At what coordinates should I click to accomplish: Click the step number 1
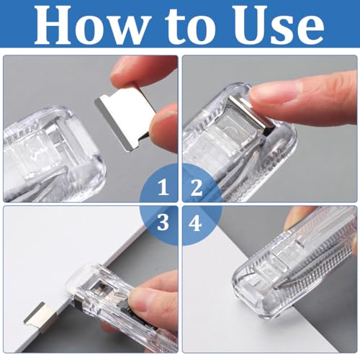[x=163, y=189]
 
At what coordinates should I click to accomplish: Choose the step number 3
[x=163, y=222]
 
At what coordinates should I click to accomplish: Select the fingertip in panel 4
[x=299, y=216]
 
